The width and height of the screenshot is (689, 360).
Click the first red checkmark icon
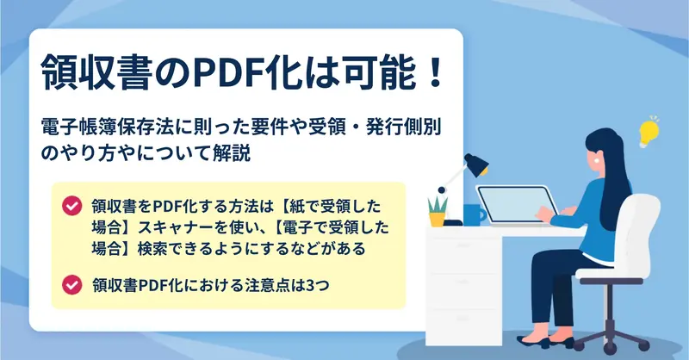pos(71,206)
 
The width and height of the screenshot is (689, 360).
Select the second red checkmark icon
pos(71,285)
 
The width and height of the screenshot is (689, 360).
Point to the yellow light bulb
pos(649,132)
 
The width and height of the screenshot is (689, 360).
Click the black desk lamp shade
pos(477,164)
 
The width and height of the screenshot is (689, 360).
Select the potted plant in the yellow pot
pos(438,212)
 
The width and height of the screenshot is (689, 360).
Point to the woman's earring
pos(598,161)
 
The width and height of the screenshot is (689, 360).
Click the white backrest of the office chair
pos(641,232)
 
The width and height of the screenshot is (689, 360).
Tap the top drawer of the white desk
pos(464,245)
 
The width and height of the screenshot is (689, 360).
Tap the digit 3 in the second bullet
pos(310,286)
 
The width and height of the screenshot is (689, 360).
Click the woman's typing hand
pos(545,214)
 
